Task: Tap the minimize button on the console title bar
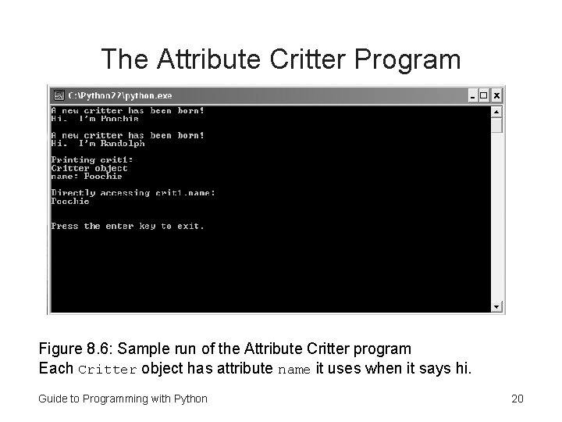coord(472,95)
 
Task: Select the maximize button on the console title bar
coord(484,95)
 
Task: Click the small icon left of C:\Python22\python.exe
coord(58,95)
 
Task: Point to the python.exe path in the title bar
coord(120,95)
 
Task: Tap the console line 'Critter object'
coord(89,168)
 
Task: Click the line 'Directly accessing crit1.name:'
coord(133,193)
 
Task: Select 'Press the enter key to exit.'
coord(127,226)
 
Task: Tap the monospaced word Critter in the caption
coord(108,368)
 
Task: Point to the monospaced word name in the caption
coord(294,368)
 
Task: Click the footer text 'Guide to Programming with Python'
coord(123,399)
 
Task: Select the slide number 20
coord(517,399)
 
